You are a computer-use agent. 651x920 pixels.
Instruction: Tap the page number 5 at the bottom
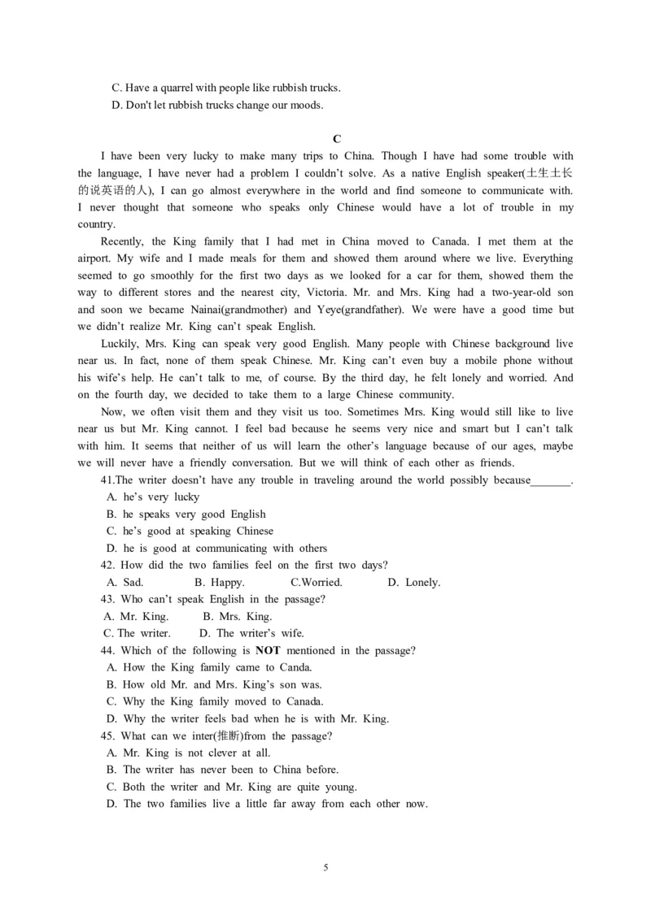(x=325, y=867)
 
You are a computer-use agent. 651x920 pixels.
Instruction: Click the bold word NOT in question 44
(x=268, y=650)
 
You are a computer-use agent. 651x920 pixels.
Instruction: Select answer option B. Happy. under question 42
(x=220, y=582)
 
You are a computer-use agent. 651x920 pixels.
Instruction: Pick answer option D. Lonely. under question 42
(x=414, y=582)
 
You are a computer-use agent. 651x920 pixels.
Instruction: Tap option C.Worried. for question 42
(x=317, y=582)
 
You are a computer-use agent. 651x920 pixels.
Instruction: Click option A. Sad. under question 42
(x=125, y=582)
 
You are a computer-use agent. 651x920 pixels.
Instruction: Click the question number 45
(x=107, y=736)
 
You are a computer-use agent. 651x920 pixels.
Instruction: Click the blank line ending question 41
(x=551, y=481)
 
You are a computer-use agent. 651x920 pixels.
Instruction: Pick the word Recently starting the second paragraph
(x=122, y=241)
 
